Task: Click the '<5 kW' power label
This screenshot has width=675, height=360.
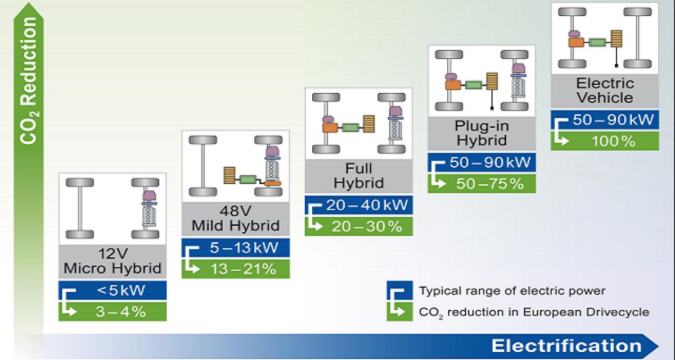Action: (x=121, y=290)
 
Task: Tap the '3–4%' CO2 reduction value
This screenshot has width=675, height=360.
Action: (x=121, y=312)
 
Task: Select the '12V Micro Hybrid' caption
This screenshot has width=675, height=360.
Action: (x=112, y=261)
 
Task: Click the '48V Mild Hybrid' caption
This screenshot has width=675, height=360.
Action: (x=236, y=218)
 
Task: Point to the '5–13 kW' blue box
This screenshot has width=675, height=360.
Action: (x=236, y=247)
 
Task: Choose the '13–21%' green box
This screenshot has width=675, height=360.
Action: (x=236, y=269)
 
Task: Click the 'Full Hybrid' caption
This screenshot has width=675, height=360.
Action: (x=359, y=175)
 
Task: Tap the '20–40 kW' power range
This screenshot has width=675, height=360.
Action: (x=367, y=205)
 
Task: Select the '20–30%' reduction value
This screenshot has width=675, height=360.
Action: (x=367, y=227)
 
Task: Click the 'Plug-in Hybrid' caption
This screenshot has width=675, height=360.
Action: (x=481, y=133)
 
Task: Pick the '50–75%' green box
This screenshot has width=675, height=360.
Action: (x=481, y=183)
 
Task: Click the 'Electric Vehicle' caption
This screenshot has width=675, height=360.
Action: (x=605, y=91)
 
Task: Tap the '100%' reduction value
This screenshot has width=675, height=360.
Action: (x=614, y=141)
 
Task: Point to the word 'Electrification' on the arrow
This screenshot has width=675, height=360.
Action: (x=566, y=345)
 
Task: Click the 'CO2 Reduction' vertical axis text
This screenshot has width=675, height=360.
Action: (x=29, y=80)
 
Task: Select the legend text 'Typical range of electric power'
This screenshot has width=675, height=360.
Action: (x=512, y=291)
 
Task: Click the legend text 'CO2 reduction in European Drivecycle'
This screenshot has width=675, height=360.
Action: (x=534, y=312)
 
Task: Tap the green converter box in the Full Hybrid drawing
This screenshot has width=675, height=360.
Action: (x=350, y=128)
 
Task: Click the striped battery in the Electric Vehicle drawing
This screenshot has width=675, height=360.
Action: (x=616, y=39)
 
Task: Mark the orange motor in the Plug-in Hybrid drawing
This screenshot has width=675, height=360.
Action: (x=453, y=85)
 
